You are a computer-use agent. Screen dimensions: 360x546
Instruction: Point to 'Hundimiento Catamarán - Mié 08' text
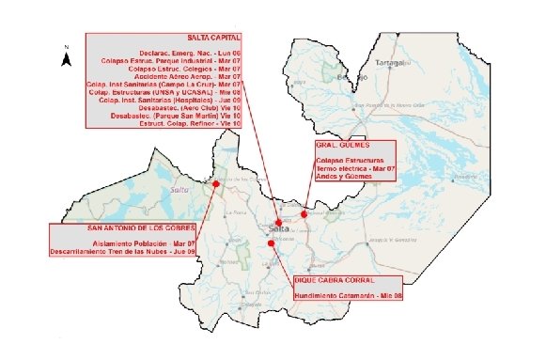[348, 295]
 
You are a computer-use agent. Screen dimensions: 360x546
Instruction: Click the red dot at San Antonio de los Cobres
[217, 185]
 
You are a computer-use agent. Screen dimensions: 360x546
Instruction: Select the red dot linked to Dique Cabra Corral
[272, 243]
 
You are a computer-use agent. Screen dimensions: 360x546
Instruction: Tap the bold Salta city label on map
[278, 228]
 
